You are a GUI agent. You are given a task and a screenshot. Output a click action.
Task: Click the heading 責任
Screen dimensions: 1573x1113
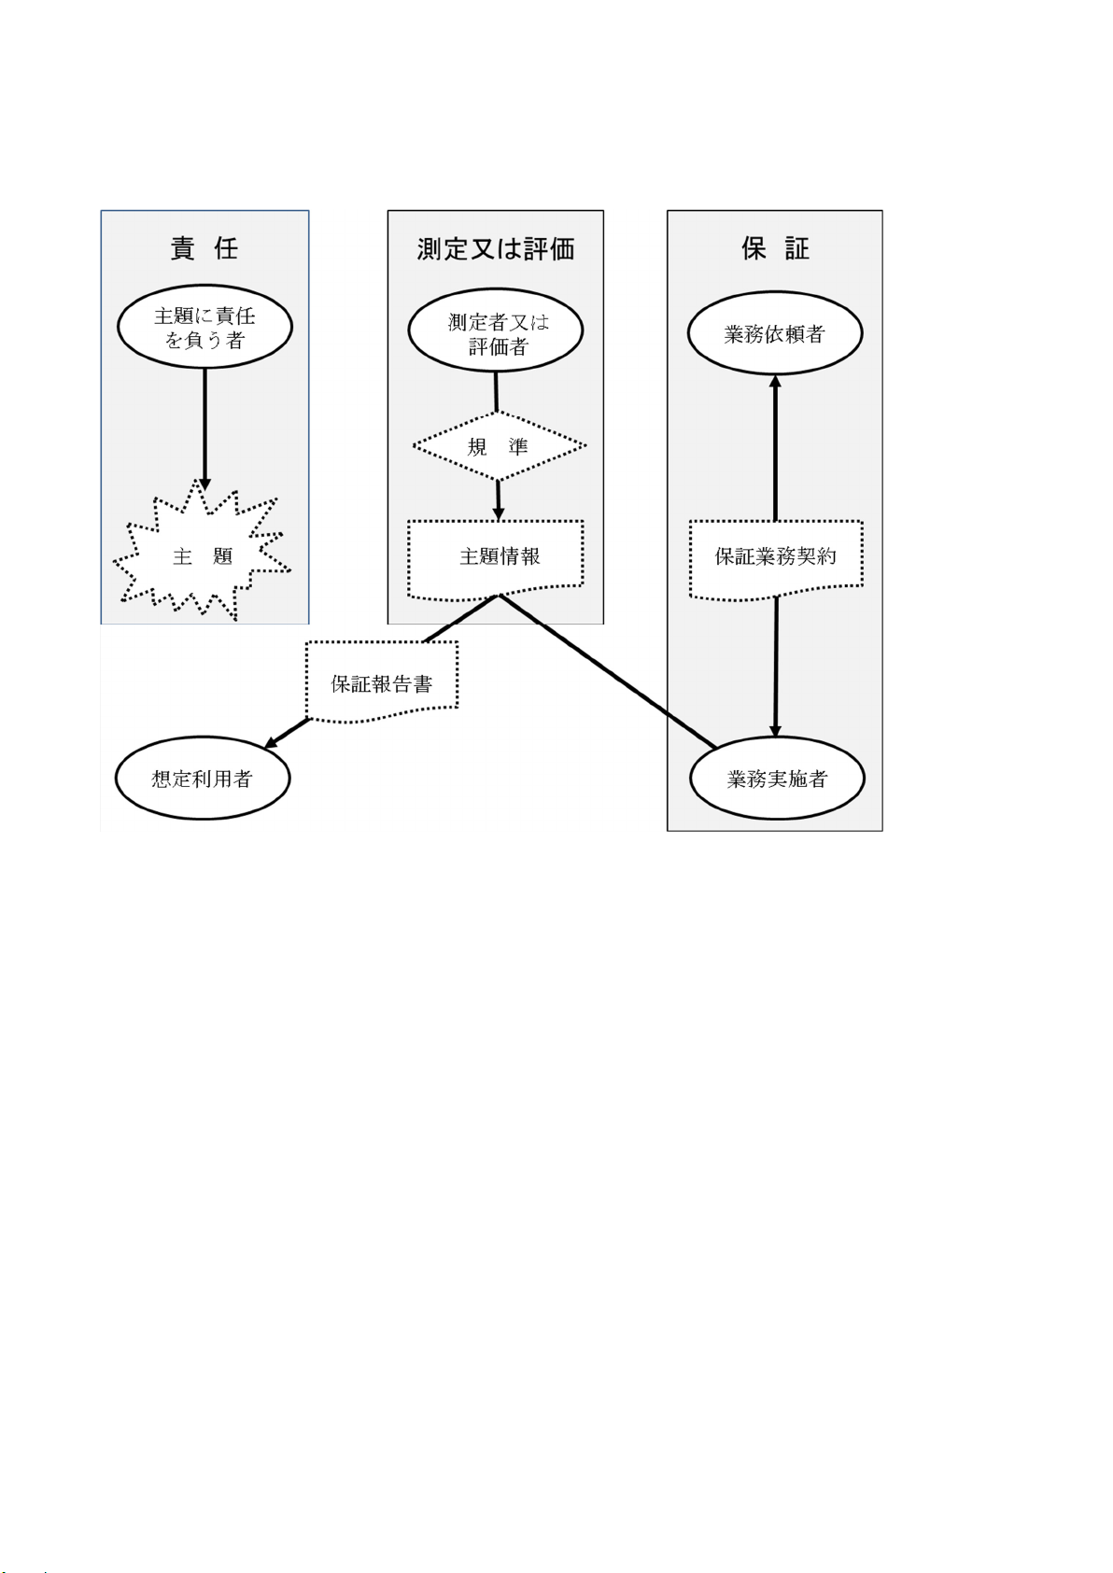[204, 248]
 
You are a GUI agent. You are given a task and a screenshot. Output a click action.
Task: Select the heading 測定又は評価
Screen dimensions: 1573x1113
[496, 249]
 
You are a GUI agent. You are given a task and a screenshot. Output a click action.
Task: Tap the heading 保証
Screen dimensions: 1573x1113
[775, 248]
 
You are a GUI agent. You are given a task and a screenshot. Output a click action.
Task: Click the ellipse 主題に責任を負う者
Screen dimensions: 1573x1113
[204, 328]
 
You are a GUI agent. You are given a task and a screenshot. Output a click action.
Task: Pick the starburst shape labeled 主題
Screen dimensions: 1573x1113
[203, 556]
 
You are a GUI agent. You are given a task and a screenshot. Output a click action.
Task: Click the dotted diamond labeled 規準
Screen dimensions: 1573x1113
[499, 446]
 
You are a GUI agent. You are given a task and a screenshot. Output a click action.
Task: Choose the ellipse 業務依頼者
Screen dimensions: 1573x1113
[775, 334]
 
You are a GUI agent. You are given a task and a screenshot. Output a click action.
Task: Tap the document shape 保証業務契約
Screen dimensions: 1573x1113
[776, 557]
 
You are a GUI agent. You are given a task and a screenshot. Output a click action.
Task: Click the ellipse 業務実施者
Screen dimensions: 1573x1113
[777, 779]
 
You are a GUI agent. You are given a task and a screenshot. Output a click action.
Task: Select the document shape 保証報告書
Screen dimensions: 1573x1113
[382, 683]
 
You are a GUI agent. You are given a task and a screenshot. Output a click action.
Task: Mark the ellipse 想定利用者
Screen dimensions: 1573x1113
[203, 779]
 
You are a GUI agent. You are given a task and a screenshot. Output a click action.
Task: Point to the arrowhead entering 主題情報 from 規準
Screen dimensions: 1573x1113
[499, 513]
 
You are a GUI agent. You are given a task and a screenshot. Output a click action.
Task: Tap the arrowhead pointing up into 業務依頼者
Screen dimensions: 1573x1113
[774, 382]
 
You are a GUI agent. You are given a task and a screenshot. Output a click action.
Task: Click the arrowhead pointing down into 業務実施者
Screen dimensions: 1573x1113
[775, 730]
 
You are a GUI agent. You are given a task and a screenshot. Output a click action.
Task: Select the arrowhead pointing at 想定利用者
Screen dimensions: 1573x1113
[272, 742]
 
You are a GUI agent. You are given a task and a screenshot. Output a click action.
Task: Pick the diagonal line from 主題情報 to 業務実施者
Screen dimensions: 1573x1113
[607, 671]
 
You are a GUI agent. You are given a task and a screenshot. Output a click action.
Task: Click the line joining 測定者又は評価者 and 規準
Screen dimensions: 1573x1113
[496, 391]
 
